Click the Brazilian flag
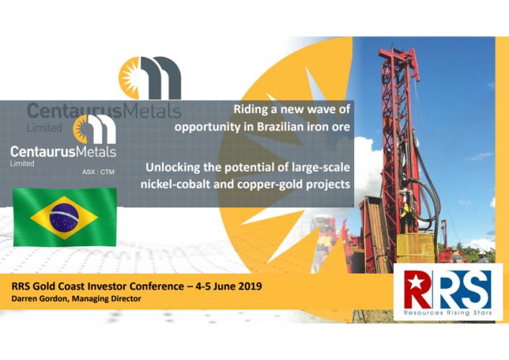click(x=65, y=217)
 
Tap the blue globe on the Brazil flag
click(x=64, y=217)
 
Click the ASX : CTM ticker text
click(x=98, y=172)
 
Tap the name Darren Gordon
click(x=40, y=299)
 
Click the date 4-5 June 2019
click(x=228, y=286)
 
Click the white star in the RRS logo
click(x=414, y=283)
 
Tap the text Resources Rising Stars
click(x=448, y=313)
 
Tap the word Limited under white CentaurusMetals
click(x=22, y=163)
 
